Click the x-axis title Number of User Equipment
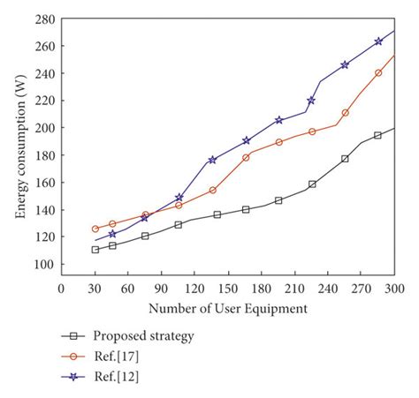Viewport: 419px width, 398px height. (227, 308)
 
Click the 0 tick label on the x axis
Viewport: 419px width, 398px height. (61, 289)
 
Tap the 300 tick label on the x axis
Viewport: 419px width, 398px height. (394, 289)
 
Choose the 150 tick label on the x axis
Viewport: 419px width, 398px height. (227, 289)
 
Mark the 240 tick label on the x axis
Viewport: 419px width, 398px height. (327, 289)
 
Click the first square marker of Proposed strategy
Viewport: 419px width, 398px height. (95, 250)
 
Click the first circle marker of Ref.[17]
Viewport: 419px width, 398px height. (95, 229)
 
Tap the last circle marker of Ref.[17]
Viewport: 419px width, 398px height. (378, 72)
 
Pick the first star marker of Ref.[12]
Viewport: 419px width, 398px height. (112, 234)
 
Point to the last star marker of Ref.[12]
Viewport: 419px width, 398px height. (378, 41)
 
